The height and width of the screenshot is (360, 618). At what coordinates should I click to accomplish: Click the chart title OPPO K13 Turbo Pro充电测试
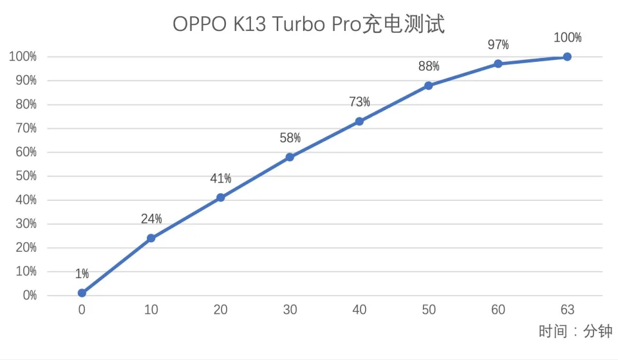pyautogui.click(x=309, y=24)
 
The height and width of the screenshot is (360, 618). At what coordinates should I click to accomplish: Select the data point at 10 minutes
pyautogui.click(x=151, y=238)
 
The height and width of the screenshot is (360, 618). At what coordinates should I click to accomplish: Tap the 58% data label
pyautogui.click(x=290, y=138)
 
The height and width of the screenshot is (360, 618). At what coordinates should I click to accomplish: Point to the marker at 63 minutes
pyautogui.click(x=567, y=57)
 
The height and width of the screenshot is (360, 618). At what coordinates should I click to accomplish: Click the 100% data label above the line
pyautogui.click(x=567, y=37)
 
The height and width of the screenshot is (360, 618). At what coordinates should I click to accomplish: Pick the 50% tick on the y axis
pyautogui.click(x=23, y=176)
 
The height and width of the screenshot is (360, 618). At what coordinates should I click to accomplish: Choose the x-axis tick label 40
pyautogui.click(x=359, y=310)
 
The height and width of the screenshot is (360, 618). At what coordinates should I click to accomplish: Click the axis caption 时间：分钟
pyautogui.click(x=575, y=332)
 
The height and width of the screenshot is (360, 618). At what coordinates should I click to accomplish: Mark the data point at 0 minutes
pyautogui.click(x=82, y=293)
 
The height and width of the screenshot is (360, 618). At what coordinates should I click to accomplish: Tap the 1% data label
pyautogui.click(x=82, y=274)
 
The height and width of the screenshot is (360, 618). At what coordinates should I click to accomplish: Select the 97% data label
pyautogui.click(x=498, y=44)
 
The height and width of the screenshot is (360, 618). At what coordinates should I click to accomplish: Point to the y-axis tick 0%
pyautogui.click(x=26, y=296)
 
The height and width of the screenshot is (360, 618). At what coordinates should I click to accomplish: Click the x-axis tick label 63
pyautogui.click(x=567, y=310)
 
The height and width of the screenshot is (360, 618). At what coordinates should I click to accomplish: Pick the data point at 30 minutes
pyautogui.click(x=290, y=157)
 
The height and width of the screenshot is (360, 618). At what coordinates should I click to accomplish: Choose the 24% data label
pyautogui.click(x=151, y=219)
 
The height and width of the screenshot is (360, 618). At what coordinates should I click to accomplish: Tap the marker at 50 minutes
pyautogui.click(x=429, y=86)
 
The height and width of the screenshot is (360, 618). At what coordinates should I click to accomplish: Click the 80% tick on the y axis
pyautogui.click(x=23, y=104)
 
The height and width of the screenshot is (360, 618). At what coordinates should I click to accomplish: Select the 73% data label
pyautogui.click(x=359, y=102)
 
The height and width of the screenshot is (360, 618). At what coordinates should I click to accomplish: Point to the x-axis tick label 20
pyautogui.click(x=220, y=310)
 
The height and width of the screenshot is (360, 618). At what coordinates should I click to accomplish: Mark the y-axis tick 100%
pyautogui.click(x=22, y=57)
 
